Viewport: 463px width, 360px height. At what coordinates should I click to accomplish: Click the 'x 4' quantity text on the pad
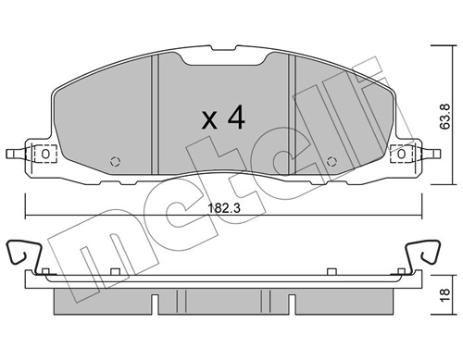[x=223, y=118]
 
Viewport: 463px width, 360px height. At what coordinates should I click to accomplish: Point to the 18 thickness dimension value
[x=444, y=293]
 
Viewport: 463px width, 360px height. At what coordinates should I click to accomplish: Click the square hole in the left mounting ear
[x=40, y=153]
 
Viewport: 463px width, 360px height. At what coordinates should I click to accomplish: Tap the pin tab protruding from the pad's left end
[x=13, y=153]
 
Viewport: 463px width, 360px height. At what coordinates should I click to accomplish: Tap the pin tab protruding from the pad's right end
[x=428, y=153]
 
